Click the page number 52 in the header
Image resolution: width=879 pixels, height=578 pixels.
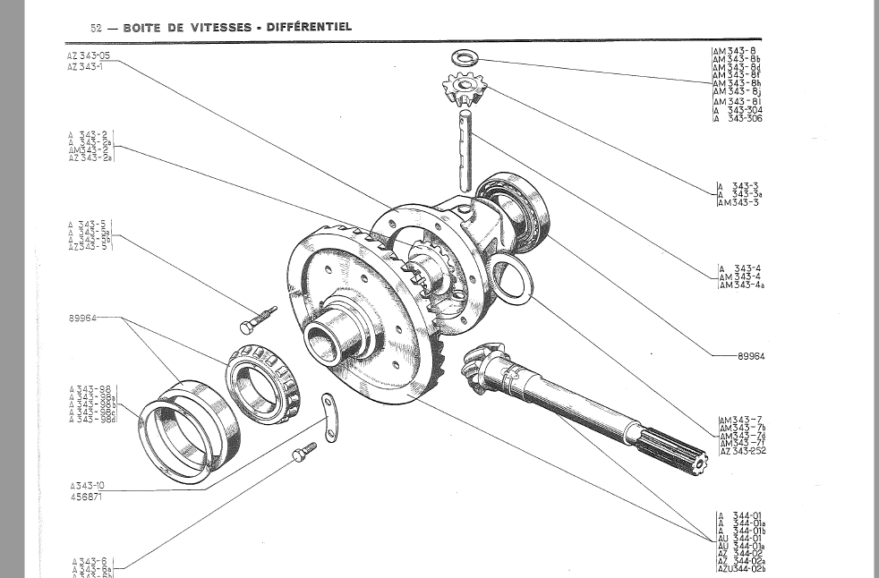pos(97,28)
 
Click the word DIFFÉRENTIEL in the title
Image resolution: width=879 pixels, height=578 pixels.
pos(309,27)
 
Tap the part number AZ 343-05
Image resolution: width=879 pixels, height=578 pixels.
pos(89,55)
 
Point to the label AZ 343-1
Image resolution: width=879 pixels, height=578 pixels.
pos(85,66)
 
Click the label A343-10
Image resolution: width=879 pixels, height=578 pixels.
pos(87,486)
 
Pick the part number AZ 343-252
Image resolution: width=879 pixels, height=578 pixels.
pos(742,451)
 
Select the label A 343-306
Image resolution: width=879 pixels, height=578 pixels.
pos(738,118)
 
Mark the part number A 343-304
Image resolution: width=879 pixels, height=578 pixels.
pos(738,110)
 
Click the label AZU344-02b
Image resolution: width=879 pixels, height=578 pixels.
pos(741,569)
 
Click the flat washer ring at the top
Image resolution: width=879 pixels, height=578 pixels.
pos(463,59)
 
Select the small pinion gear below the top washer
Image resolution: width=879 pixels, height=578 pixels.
pos(464,89)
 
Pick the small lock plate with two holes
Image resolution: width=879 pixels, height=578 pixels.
pos(329,417)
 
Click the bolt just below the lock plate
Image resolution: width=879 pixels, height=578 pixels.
pos(304,451)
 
